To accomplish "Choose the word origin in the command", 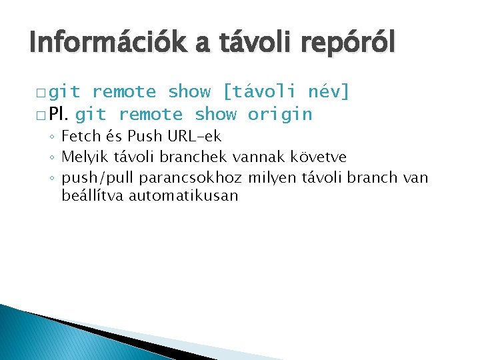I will [279, 114].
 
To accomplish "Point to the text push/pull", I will [98, 177].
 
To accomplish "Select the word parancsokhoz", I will [191, 177].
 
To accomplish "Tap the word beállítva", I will [93, 196].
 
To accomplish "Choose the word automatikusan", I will [183, 196].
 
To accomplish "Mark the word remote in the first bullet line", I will [124, 91].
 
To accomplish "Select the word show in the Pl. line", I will [215, 114].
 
